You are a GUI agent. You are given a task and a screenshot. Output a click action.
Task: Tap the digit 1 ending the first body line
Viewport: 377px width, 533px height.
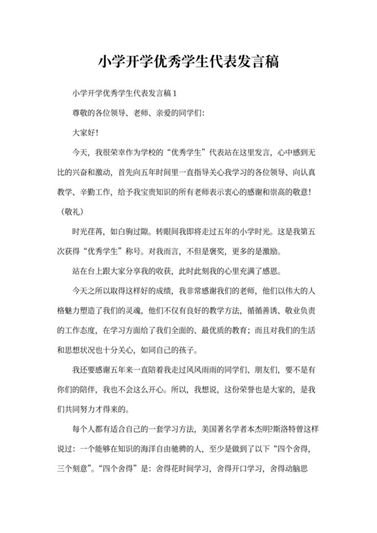[x=175, y=92]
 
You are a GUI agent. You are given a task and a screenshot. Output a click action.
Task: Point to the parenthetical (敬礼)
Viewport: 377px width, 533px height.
[x=65, y=211]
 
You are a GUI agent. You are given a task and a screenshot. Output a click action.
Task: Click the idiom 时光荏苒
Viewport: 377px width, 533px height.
[x=88, y=229]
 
